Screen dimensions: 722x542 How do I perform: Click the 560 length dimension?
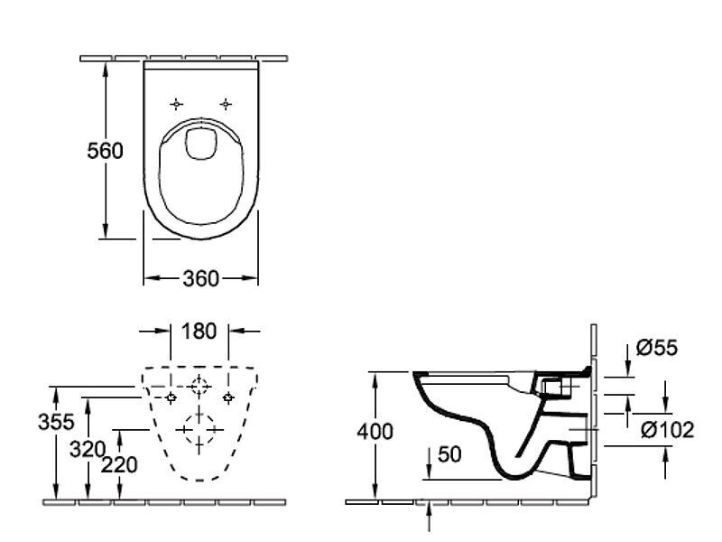[x=105, y=151]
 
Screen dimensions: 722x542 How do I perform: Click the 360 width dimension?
[x=200, y=278]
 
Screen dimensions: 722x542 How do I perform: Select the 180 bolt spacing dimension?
[x=199, y=331]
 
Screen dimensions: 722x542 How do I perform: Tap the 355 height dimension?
[x=56, y=422]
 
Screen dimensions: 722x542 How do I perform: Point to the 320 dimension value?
[x=88, y=449]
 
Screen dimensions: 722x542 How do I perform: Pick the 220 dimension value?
[x=119, y=464]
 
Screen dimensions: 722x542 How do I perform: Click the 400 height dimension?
[x=375, y=432]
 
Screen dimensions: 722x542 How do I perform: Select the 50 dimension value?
[x=449, y=454]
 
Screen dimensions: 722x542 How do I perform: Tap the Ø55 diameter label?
[x=657, y=348]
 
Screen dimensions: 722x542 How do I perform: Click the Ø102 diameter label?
[x=668, y=431]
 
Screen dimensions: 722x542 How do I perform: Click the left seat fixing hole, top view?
[x=176, y=104]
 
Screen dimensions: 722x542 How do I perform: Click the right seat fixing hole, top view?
[x=225, y=104]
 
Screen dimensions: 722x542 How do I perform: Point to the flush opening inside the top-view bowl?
[x=200, y=145]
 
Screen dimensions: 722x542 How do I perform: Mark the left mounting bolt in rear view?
[x=171, y=397]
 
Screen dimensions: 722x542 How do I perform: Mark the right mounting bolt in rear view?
[x=228, y=397]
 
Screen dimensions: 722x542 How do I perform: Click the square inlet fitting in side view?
[x=552, y=388]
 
